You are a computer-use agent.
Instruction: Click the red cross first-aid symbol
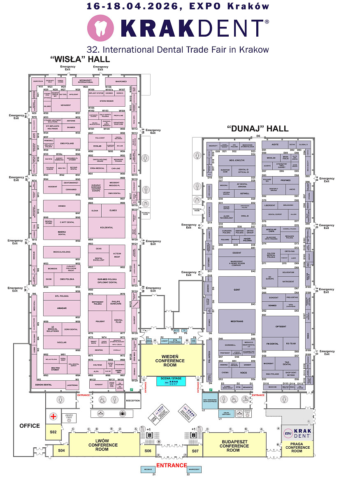pyautogui.click(x=53, y=416)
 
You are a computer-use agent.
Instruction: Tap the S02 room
pyautogui.click(x=53, y=432)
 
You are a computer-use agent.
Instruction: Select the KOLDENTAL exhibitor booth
pyautogui.click(x=107, y=227)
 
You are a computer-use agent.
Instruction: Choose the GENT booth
pyautogui.click(x=237, y=289)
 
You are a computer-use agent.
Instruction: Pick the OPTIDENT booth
pyautogui.click(x=281, y=326)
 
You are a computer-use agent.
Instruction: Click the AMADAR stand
pyautogui.click(x=62, y=308)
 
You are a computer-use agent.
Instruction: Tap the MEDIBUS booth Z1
pyautogui.click(x=148, y=469)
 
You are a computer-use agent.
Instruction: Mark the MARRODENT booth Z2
pyautogui.click(x=194, y=469)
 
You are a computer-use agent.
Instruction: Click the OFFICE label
pyautogui.click(x=30, y=426)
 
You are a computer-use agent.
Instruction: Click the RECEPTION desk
pyautogui.click(x=132, y=400)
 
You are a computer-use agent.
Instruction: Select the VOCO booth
pyautogui.click(x=243, y=372)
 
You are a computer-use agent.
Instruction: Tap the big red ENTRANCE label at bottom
pyautogui.click(x=171, y=465)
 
